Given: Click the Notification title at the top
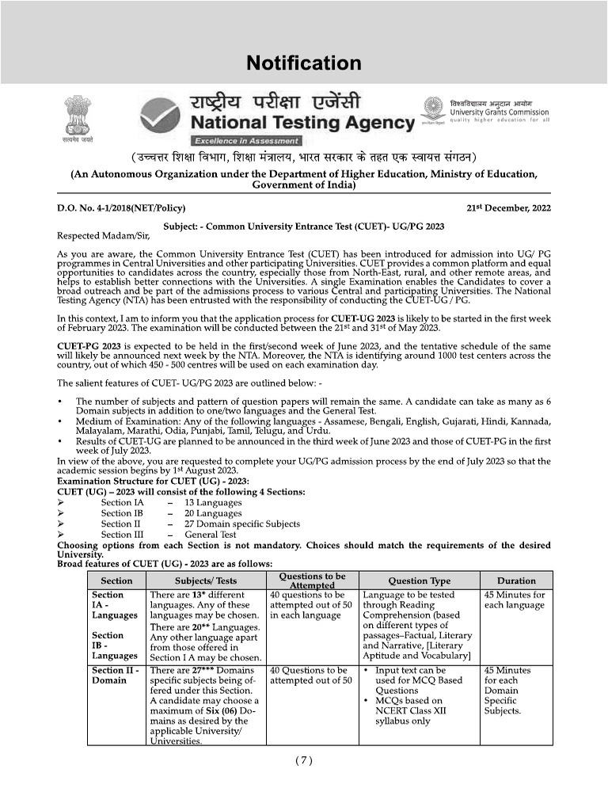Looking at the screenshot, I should [303, 63].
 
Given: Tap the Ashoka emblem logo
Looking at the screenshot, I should [78, 117].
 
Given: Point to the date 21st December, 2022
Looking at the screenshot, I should [509, 209].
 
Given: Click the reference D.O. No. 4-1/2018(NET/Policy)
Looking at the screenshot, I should [121, 209].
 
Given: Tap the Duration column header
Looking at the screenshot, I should [516, 581].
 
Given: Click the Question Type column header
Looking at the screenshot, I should [419, 581].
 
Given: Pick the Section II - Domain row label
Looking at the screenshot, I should [116, 675].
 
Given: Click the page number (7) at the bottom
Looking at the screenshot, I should [304, 761].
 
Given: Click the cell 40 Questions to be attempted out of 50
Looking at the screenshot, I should [311, 675].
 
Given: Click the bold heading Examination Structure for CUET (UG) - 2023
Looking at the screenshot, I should [153, 481].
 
